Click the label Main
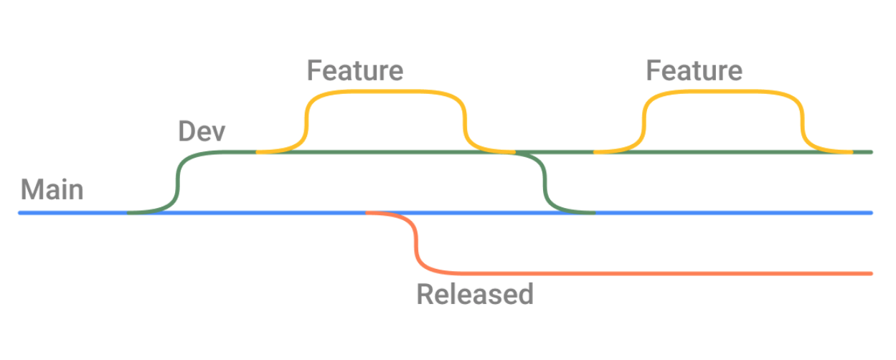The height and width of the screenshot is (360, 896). (52, 190)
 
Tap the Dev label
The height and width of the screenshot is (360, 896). (202, 132)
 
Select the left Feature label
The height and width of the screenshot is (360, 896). (355, 70)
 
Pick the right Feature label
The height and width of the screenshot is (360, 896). (694, 70)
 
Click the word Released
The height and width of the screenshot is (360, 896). (475, 294)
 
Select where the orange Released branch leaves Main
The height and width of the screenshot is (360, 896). (367, 213)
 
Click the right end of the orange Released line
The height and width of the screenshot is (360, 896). (870, 273)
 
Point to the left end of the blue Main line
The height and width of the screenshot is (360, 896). (21, 213)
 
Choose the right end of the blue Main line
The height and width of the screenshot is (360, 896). (870, 213)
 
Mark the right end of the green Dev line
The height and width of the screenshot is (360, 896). (870, 152)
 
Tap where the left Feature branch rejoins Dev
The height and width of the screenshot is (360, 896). (513, 152)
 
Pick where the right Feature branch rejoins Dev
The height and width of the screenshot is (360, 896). (851, 152)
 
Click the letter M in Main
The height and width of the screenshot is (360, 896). (32, 190)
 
